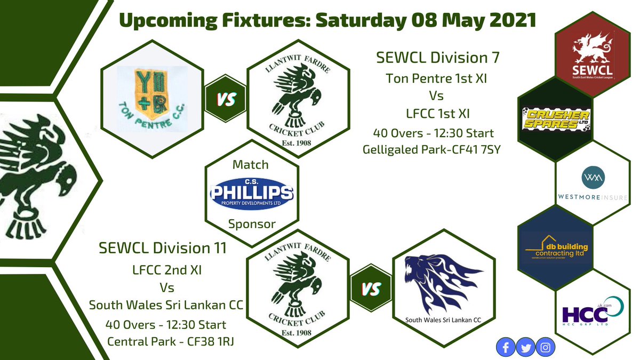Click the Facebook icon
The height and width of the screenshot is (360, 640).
click(x=505, y=348)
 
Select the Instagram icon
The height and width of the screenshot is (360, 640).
click(x=545, y=348)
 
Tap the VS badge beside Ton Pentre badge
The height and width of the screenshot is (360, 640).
click(x=226, y=100)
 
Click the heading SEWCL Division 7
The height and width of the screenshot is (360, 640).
click(x=439, y=57)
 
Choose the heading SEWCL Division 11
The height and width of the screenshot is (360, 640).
click(x=163, y=248)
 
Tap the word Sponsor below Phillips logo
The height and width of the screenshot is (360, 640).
click(x=252, y=224)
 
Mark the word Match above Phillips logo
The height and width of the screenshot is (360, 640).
click(x=251, y=165)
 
